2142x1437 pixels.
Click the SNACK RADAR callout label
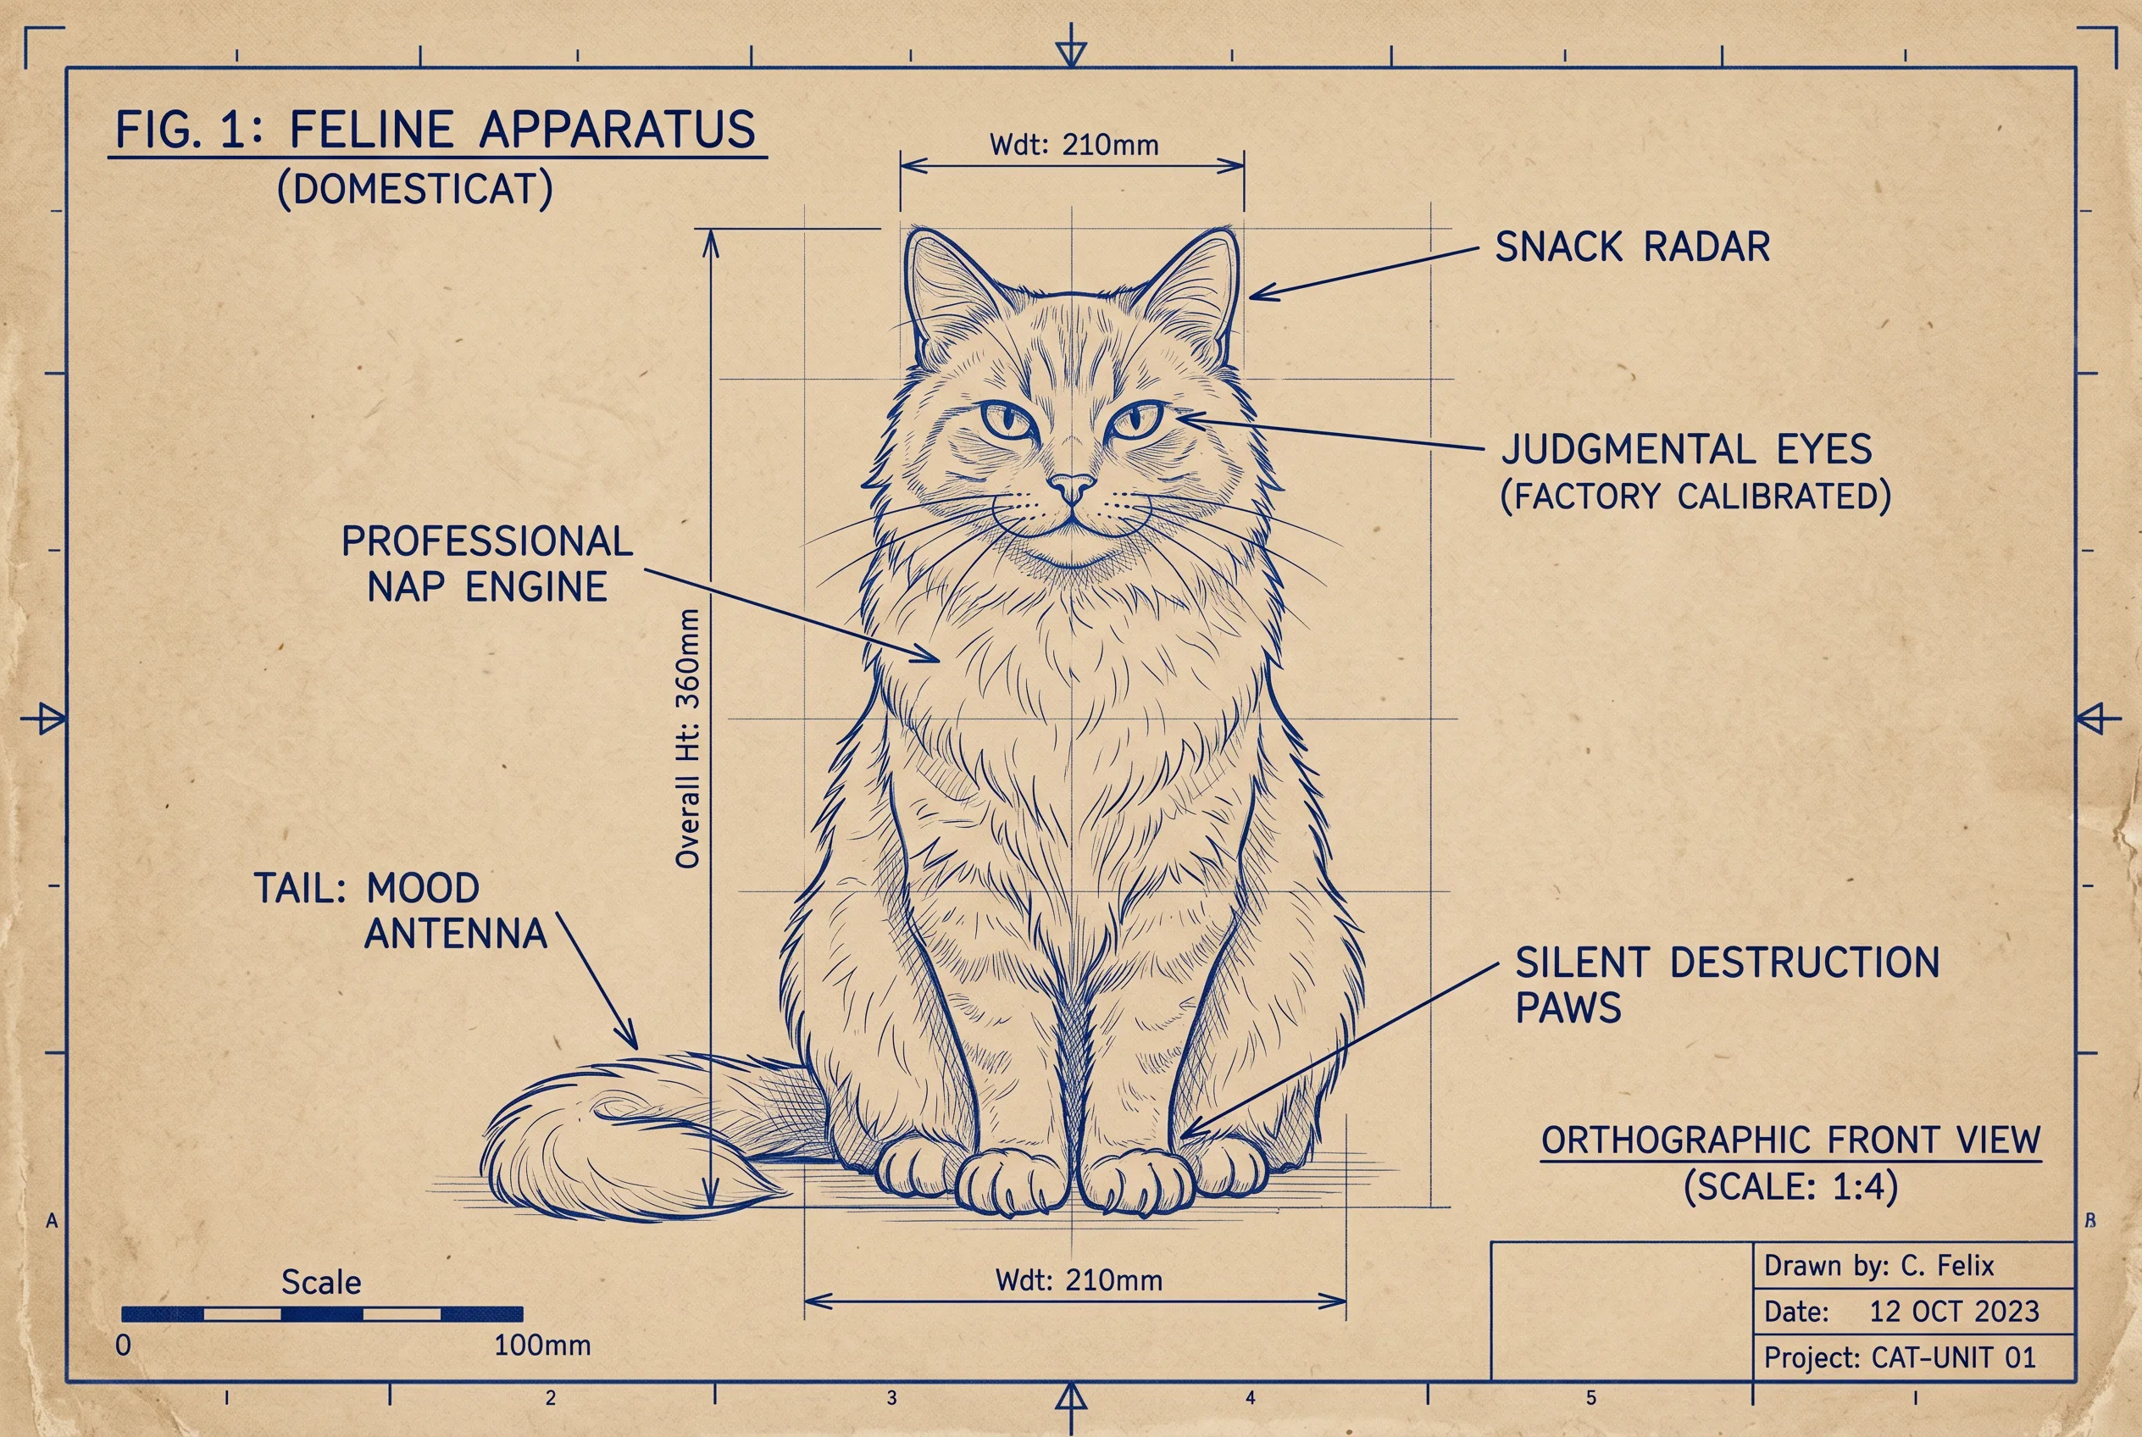point(1633,247)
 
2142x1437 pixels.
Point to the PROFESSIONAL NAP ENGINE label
point(486,563)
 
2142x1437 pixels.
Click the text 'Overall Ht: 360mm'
point(687,739)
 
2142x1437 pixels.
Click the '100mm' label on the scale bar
point(542,1345)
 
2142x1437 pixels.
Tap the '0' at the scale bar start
point(124,1345)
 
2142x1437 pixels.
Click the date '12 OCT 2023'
point(1954,1312)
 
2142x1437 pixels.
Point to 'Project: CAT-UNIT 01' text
point(1900,1357)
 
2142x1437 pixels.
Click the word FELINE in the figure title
point(371,130)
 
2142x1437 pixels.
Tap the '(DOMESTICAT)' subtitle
point(415,190)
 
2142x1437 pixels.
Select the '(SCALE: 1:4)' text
point(1790,1187)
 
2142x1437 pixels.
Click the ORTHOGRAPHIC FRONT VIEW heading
point(1791,1140)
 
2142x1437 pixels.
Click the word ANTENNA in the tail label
point(456,934)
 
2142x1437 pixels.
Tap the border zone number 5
point(1591,1397)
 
